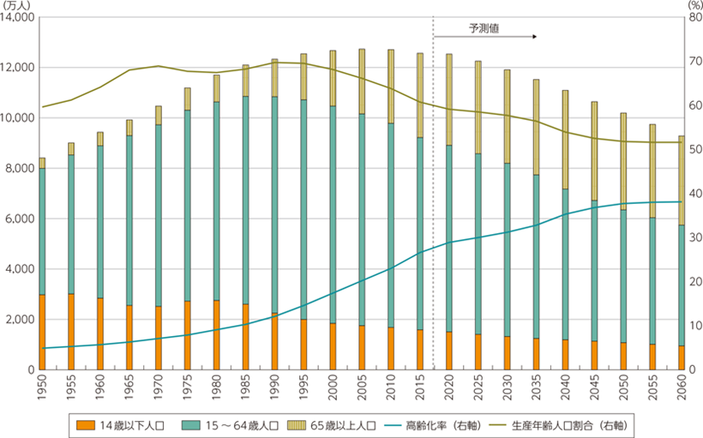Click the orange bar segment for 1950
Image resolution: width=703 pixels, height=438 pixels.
pyautogui.click(x=42, y=332)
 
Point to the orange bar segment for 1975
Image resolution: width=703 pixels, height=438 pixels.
pyautogui.click(x=187, y=335)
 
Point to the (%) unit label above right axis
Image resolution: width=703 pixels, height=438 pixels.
pyautogui.click(x=693, y=6)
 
